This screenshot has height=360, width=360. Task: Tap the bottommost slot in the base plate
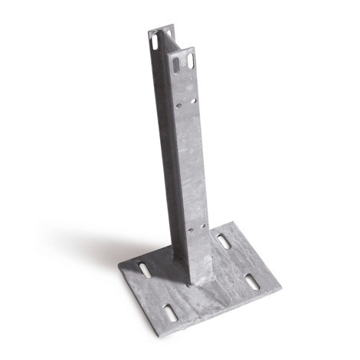pyautogui.click(x=169, y=312)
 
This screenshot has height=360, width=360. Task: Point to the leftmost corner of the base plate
pyautogui.click(x=118, y=268)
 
